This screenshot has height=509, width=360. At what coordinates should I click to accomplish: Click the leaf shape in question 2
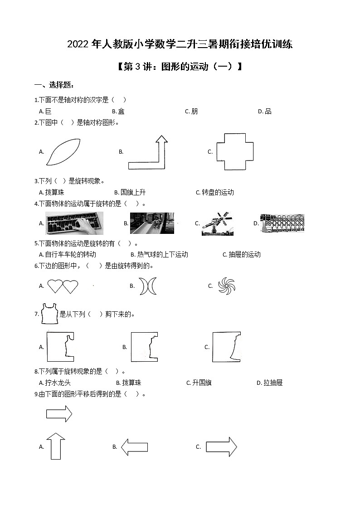tap(64, 152)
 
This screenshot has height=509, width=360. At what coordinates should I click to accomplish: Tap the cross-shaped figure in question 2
tap(235, 152)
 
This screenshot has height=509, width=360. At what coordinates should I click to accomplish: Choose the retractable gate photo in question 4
tap(282, 223)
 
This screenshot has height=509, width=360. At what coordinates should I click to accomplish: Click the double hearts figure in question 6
tap(63, 286)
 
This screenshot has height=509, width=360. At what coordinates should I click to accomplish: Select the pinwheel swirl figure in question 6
tap(226, 286)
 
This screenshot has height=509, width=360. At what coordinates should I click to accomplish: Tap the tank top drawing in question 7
tap(50, 314)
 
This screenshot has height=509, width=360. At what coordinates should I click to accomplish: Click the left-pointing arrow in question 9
tap(135, 446)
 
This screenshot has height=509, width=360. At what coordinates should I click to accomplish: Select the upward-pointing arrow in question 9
tap(56, 446)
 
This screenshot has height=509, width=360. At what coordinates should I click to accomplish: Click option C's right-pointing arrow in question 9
tap(221, 447)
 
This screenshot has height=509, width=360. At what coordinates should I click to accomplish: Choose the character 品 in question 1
tap(268, 111)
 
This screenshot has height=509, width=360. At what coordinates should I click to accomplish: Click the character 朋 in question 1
tap(195, 111)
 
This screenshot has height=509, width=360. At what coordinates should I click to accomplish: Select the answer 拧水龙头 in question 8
tap(58, 383)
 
